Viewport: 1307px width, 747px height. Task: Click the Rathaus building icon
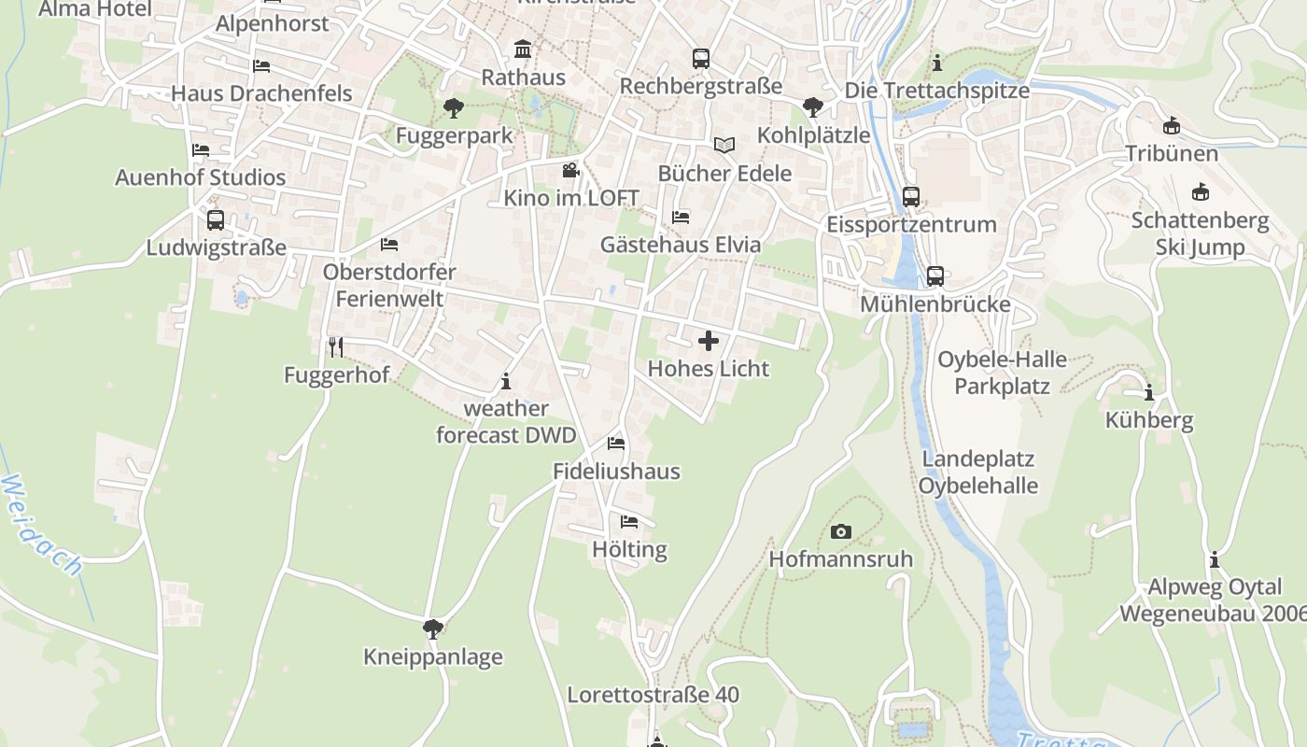pos(523,49)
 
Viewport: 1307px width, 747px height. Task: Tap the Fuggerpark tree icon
pos(454,107)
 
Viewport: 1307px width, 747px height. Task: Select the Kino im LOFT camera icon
pos(570,170)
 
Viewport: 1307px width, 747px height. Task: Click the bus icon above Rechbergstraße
pos(701,58)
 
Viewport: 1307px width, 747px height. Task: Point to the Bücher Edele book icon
pos(724,145)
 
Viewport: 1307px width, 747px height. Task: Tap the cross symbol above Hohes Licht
pos(709,340)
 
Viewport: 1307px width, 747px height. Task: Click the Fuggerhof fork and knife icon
pos(336,347)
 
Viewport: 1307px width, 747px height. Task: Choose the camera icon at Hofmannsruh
pos(840,531)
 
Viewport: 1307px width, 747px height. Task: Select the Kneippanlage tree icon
pos(432,628)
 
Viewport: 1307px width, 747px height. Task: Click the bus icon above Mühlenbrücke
pos(935,276)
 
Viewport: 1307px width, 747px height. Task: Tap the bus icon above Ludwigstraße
pos(216,220)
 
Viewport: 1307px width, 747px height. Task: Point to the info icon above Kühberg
pos(1149,392)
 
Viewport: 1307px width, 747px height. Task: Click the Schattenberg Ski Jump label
pos(1200,233)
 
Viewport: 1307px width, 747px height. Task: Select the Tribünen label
pos(1172,153)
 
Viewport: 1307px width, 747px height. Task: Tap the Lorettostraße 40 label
pos(653,695)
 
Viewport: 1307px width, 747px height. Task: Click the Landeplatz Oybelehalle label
pos(977,472)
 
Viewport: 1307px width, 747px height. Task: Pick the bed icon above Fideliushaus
pos(616,443)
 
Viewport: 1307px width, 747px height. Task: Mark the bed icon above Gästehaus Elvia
pos(681,218)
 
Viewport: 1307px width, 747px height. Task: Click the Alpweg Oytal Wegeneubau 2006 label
pos(1213,600)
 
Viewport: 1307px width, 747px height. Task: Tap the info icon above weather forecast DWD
pos(506,381)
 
